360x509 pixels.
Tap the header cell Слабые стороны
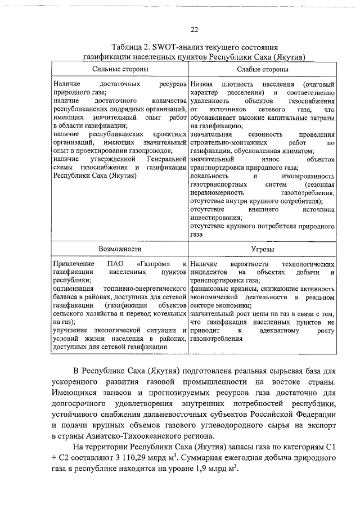tap(263, 69)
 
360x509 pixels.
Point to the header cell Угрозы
tap(263, 248)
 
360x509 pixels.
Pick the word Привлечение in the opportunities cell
tap(73, 264)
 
